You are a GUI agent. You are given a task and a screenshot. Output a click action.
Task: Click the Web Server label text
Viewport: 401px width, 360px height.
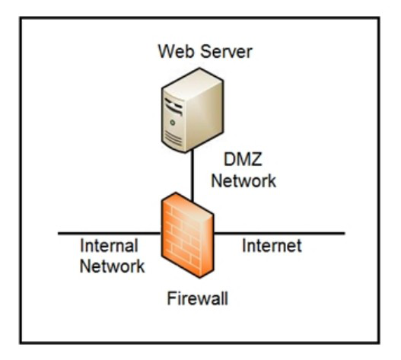tap(205, 52)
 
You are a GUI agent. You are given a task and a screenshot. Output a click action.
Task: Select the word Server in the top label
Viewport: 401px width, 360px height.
tap(227, 52)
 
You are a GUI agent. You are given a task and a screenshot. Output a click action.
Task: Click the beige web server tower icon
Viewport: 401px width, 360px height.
tap(193, 110)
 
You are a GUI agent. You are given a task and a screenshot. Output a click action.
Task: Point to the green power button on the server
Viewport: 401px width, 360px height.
tap(173, 123)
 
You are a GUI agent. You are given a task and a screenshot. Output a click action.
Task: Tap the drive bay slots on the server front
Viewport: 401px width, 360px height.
tap(173, 106)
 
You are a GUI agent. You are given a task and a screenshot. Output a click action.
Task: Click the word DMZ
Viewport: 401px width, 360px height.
tap(243, 159)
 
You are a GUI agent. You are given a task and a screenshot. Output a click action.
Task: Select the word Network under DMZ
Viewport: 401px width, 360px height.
tap(243, 180)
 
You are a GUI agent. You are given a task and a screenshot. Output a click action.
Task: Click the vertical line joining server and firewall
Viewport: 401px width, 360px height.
tap(193, 176)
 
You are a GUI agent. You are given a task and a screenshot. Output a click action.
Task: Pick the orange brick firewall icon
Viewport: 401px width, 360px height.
tap(188, 235)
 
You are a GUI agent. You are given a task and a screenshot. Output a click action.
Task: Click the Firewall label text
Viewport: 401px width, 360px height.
tap(197, 298)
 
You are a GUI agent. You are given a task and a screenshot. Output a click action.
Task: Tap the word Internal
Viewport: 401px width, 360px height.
tap(110, 246)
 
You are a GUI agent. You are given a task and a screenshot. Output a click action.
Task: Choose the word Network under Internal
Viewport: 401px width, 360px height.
tap(113, 266)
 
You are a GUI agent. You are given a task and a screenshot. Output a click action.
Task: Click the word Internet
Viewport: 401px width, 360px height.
tap(272, 246)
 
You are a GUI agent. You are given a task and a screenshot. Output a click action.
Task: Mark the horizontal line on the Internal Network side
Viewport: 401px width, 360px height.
tap(110, 233)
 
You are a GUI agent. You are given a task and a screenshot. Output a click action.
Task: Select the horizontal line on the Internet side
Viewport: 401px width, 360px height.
tap(279, 233)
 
